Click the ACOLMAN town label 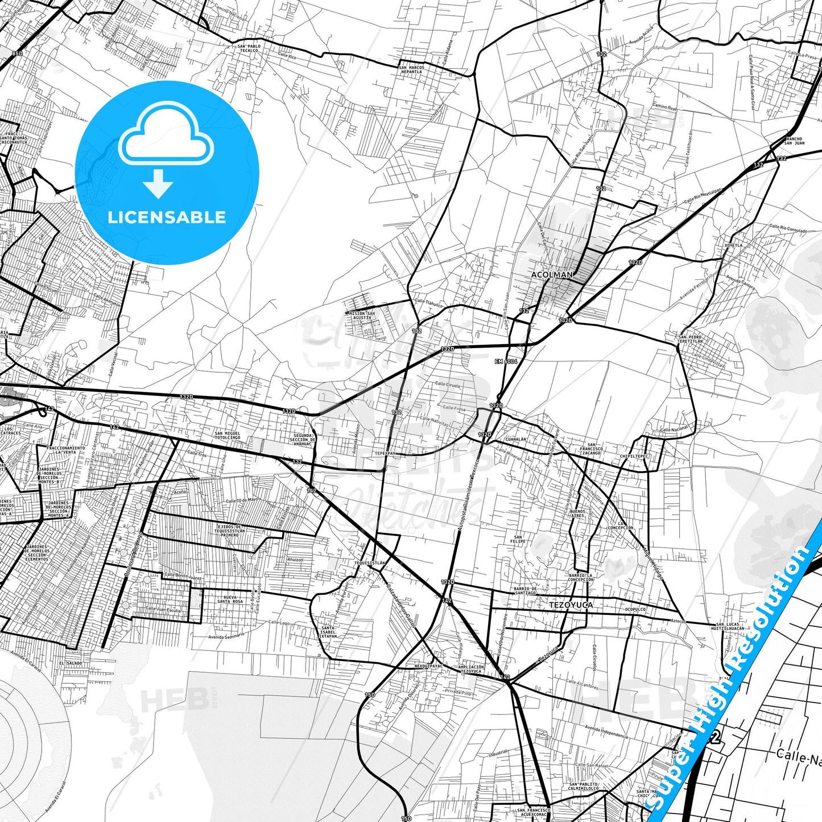point(552,275)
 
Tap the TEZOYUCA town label point(571,605)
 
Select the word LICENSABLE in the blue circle point(167,217)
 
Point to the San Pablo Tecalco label point(249,48)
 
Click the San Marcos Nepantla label point(412,69)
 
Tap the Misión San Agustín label point(362,315)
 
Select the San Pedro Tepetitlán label point(690,339)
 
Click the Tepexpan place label point(385,454)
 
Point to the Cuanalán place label point(516,440)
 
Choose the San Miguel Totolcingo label point(227,435)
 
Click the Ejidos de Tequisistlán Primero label point(230,531)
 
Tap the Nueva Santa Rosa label point(230,599)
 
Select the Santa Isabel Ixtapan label point(328,632)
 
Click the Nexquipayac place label point(428,666)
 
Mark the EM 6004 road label point(506,361)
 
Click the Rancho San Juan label point(794,141)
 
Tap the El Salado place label point(71,663)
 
